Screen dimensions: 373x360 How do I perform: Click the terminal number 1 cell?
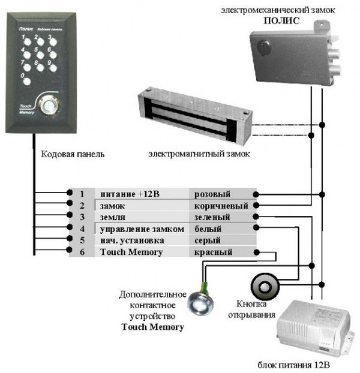pyautogui.click(x=82, y=194)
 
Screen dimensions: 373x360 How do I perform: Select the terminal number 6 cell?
pyautogui.click(x=82, y=252)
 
